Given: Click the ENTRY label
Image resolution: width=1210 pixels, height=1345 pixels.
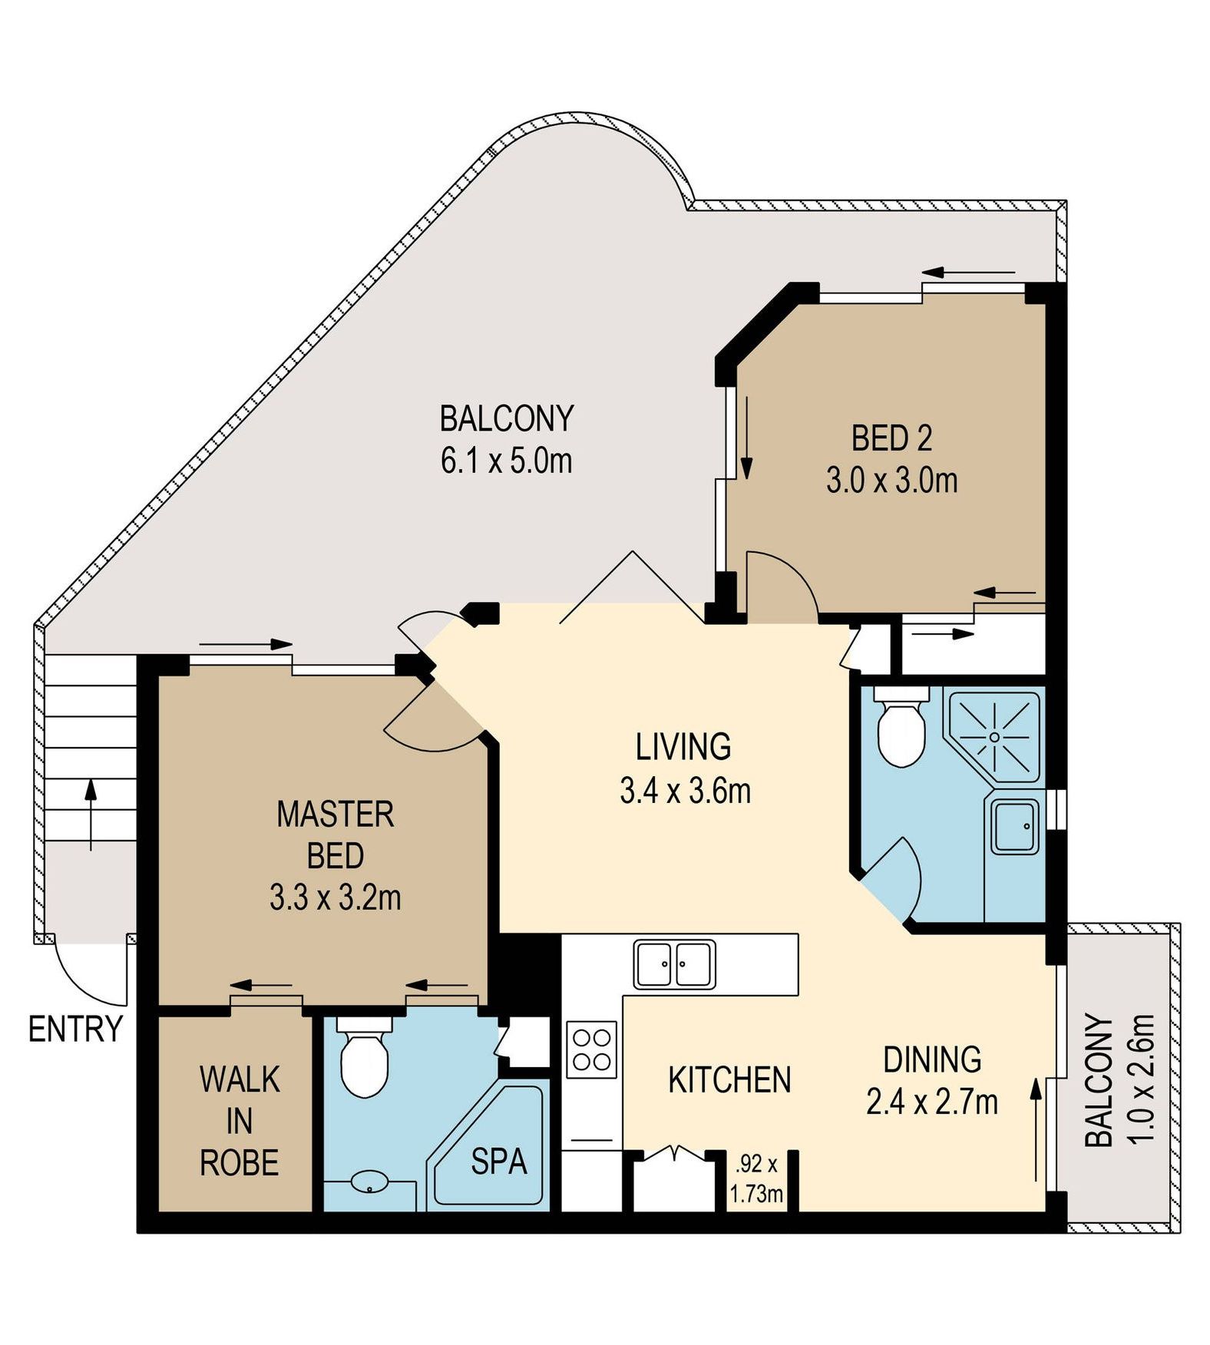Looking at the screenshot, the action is coord(75,1029).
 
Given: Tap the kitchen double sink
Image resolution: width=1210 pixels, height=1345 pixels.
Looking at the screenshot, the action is coord(674,964).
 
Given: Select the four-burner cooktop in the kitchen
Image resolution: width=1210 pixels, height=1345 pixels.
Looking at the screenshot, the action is coord(592,1049).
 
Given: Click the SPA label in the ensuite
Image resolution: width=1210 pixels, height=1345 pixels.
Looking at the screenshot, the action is coord(499,1162).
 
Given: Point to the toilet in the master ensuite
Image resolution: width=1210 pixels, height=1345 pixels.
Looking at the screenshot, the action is coord(364,1056).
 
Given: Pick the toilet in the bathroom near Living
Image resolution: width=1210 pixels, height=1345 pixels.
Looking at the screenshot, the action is coord(900,727).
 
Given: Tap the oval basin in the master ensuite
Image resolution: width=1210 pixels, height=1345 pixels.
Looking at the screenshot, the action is coord(371,1181).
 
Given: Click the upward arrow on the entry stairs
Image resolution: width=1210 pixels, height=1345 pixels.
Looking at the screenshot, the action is coord(91,815).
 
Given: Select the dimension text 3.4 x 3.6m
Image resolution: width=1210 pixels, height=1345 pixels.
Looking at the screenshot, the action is coord(685,790).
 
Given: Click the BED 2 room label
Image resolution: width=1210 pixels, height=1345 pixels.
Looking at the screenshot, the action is coord(891,438).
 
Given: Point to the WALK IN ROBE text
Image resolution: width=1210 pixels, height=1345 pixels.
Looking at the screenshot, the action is coord(240,1122).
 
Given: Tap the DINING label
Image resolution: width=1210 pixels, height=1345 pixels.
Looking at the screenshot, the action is coord(932,1059).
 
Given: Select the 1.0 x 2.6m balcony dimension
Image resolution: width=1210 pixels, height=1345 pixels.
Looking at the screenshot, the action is coord(1142,1079).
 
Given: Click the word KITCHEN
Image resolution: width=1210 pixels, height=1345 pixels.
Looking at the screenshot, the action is coord(729,1080).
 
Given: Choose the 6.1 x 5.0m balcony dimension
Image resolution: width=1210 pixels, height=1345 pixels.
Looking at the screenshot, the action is coord(507,461).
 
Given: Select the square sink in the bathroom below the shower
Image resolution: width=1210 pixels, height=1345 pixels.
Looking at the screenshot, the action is coord(1014,827).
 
